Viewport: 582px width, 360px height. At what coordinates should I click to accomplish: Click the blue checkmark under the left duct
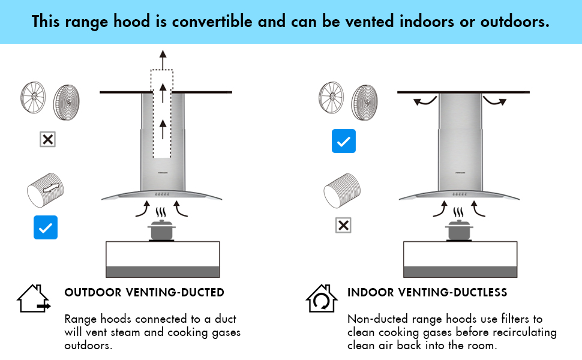click(x=46, y=227)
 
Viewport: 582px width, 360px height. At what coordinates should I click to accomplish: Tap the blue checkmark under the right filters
click(x=343, y=141)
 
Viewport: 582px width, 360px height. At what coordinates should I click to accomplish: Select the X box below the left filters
click(x=47, y=140)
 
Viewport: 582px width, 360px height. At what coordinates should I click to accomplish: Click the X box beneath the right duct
click(x=343, y=226)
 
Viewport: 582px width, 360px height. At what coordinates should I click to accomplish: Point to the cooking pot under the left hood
click(x=161, y=230)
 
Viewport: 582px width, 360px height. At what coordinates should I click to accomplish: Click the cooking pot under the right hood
click(x=459, y=230)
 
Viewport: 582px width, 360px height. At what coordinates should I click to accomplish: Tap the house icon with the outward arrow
click(x=34, y=299)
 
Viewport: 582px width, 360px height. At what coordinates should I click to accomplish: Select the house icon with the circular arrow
click(x=322, y=299)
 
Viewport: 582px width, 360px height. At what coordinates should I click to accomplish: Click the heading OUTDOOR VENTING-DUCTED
click(x=144, y=293)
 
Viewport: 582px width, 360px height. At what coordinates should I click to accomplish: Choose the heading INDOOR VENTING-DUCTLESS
click(x=427, y=293)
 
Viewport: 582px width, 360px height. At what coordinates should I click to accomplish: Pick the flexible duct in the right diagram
click(x=342, y=190)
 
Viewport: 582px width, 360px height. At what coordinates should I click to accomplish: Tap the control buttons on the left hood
click(x=162, y=194)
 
